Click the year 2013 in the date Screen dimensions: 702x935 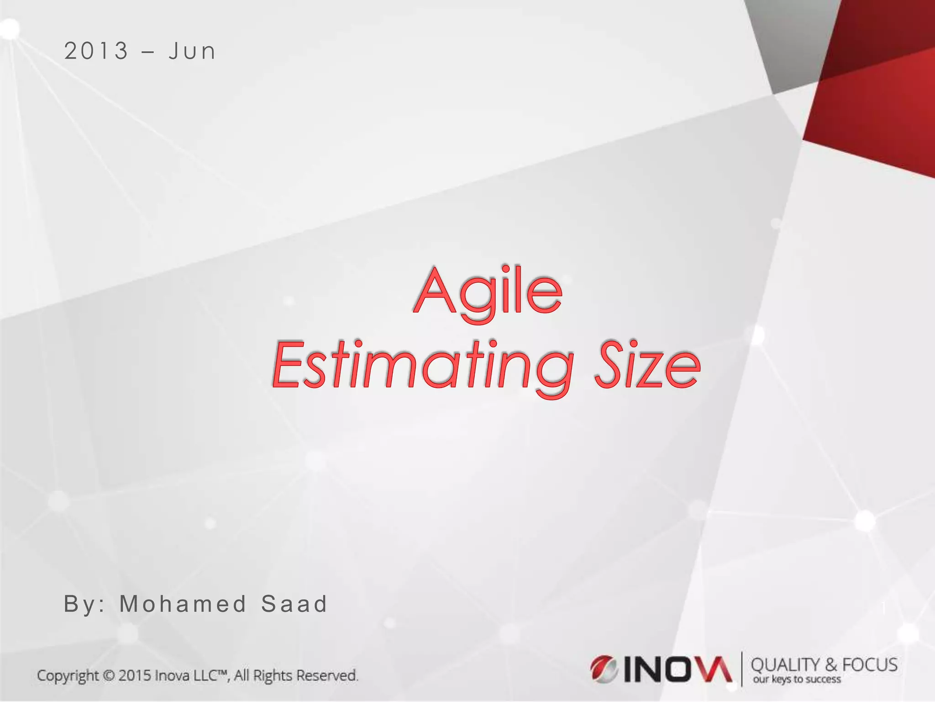pyautogui.click(x=96, y=51)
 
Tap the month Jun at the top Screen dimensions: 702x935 pyautogui.click(x=192, y=51)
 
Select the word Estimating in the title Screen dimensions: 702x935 pyautogui.click(x=422, y=366)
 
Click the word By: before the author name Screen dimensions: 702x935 pyautogui.click(x=84, y=604)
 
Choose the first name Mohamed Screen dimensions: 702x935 pyautogui.click(x=183, y=604)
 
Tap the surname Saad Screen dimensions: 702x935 pyautogui.click(x=294, y=604)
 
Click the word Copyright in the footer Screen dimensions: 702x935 pyautogui.click(x=68, y=675)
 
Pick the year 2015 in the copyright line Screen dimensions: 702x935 pyautogui.click(x=135, y=675)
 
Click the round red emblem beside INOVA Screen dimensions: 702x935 pyautogui.click(x=604, y=669)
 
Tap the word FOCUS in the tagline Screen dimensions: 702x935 pyautogui.click(x=870, y=665)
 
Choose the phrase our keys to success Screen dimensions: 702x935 pyautogui.click(x=797, y=680)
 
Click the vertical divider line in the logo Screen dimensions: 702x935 pyautogui.click(x=742, y=669)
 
